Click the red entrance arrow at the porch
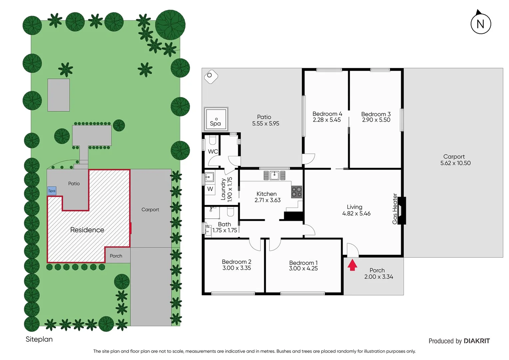pos(352,265)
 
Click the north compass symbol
pos(480,23)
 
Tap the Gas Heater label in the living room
pos(395,209)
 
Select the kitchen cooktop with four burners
pos(296,192)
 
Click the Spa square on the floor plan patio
pos(216,119)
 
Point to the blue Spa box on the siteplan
pos(52,191)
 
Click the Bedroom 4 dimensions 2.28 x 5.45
pos(327,120)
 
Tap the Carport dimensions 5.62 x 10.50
pos(455,163)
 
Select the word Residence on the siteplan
pos(87,230)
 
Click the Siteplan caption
pos(39,339)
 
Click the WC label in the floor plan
pos(213,151)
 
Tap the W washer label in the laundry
pos(210,189)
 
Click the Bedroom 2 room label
pos(237,262)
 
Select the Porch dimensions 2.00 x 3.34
pos(378,277)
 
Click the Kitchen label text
pos(266,194)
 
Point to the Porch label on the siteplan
pos(116,256)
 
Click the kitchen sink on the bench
pos(274,175)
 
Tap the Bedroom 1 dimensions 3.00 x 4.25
pos(303,268)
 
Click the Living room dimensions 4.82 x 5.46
pos(356,213)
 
